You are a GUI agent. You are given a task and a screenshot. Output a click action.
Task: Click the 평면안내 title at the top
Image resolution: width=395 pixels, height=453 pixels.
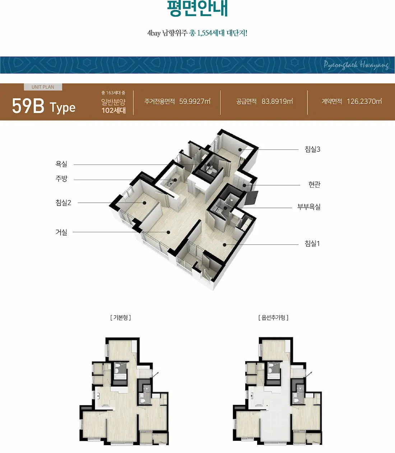pos(197,8)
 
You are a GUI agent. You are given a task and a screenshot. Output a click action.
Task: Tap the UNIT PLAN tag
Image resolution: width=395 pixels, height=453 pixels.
pos(43,87)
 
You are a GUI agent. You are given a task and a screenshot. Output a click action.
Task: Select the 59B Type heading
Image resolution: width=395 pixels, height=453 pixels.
pos(44,106)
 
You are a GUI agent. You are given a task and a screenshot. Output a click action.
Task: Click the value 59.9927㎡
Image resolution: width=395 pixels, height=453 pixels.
pos(195,101)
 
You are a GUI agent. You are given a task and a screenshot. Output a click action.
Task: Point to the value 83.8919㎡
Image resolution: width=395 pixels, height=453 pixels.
pos(277,101)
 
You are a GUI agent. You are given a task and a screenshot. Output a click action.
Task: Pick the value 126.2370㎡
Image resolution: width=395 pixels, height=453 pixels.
pos(364,101)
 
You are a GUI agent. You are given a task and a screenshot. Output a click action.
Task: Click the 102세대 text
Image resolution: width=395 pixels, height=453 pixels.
pos(113,110)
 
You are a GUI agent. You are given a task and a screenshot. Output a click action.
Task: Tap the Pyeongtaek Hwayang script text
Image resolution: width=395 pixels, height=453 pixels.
pos(356,65)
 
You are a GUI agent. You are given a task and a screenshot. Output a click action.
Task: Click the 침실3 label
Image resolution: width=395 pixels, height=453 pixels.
pos(312,149)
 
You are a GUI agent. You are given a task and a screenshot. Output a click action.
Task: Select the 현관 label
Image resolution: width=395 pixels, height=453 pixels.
pos(314,185)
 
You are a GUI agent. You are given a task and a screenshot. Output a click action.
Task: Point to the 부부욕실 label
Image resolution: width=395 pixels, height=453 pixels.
pos(309,207)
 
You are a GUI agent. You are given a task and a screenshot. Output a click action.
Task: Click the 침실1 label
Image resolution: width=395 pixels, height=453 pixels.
pos(312,244)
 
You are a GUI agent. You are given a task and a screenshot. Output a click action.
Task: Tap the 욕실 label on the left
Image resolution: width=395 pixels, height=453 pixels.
pos(61,164)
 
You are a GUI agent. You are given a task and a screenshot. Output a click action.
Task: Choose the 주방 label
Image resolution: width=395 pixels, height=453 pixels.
pos(61,178)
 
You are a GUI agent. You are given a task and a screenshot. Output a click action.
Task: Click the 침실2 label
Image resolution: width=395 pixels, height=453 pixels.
pos(63,202)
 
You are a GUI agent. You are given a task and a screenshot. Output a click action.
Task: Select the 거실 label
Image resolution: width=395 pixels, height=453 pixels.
pos(61,232)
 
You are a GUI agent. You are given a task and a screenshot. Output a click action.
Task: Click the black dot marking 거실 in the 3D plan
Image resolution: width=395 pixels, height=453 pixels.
pos(168,232)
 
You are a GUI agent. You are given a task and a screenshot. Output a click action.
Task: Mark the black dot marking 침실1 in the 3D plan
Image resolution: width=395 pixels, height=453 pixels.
pos(224,245)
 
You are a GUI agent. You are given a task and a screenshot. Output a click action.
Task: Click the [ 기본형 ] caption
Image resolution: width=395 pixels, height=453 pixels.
pos(120,318)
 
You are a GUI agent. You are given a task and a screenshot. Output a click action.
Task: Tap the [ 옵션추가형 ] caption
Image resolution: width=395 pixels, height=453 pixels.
pos(273,318)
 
